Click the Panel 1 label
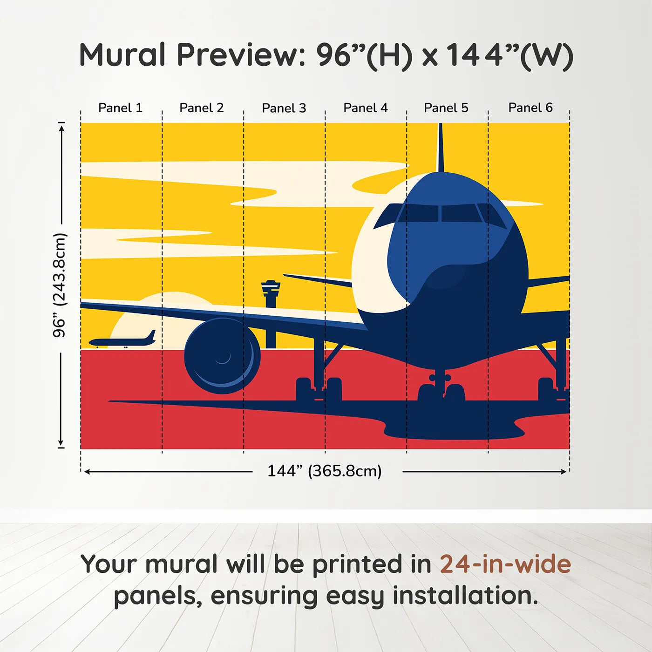pos(120,108)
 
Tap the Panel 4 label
pos(365,108)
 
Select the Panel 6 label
pos(530,108)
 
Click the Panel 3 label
pos(284,108)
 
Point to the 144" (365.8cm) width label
pos(324,471)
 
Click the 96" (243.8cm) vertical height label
pos(60,285)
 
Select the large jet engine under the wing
pos(222,356)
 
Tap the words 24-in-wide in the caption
pos(505,564)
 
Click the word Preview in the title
pos(239,55)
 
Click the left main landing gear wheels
pos(319,389)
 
